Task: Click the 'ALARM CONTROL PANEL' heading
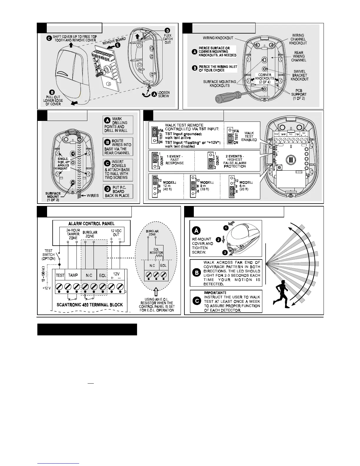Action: [x=91, y=224]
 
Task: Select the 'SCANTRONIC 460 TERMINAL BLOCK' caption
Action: [x=90, y=305]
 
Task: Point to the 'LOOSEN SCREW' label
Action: [x=164, y=94]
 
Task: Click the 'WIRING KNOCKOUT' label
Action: [x=218, y=38]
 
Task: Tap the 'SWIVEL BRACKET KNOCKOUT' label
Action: [x=299, y=75]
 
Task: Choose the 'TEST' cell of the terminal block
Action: [x=60, y=275]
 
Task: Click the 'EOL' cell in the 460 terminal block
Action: [x=103, y=275]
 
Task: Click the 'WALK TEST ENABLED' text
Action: [x=249, y=136]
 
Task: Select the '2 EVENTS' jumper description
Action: [x=234, y=161]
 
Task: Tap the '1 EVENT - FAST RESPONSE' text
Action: [x=174, y=160]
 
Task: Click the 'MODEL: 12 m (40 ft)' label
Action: [x=169, y=186]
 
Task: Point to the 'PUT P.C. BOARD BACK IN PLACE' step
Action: [x=118, y=192]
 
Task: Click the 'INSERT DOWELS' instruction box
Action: [x=118, y=170]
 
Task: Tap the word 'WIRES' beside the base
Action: [x=93, y=196]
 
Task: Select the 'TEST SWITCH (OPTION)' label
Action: [x=49, y=255]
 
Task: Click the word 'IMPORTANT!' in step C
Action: [x=215, y=293]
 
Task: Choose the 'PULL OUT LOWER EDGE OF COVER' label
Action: [x=53, y=100]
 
